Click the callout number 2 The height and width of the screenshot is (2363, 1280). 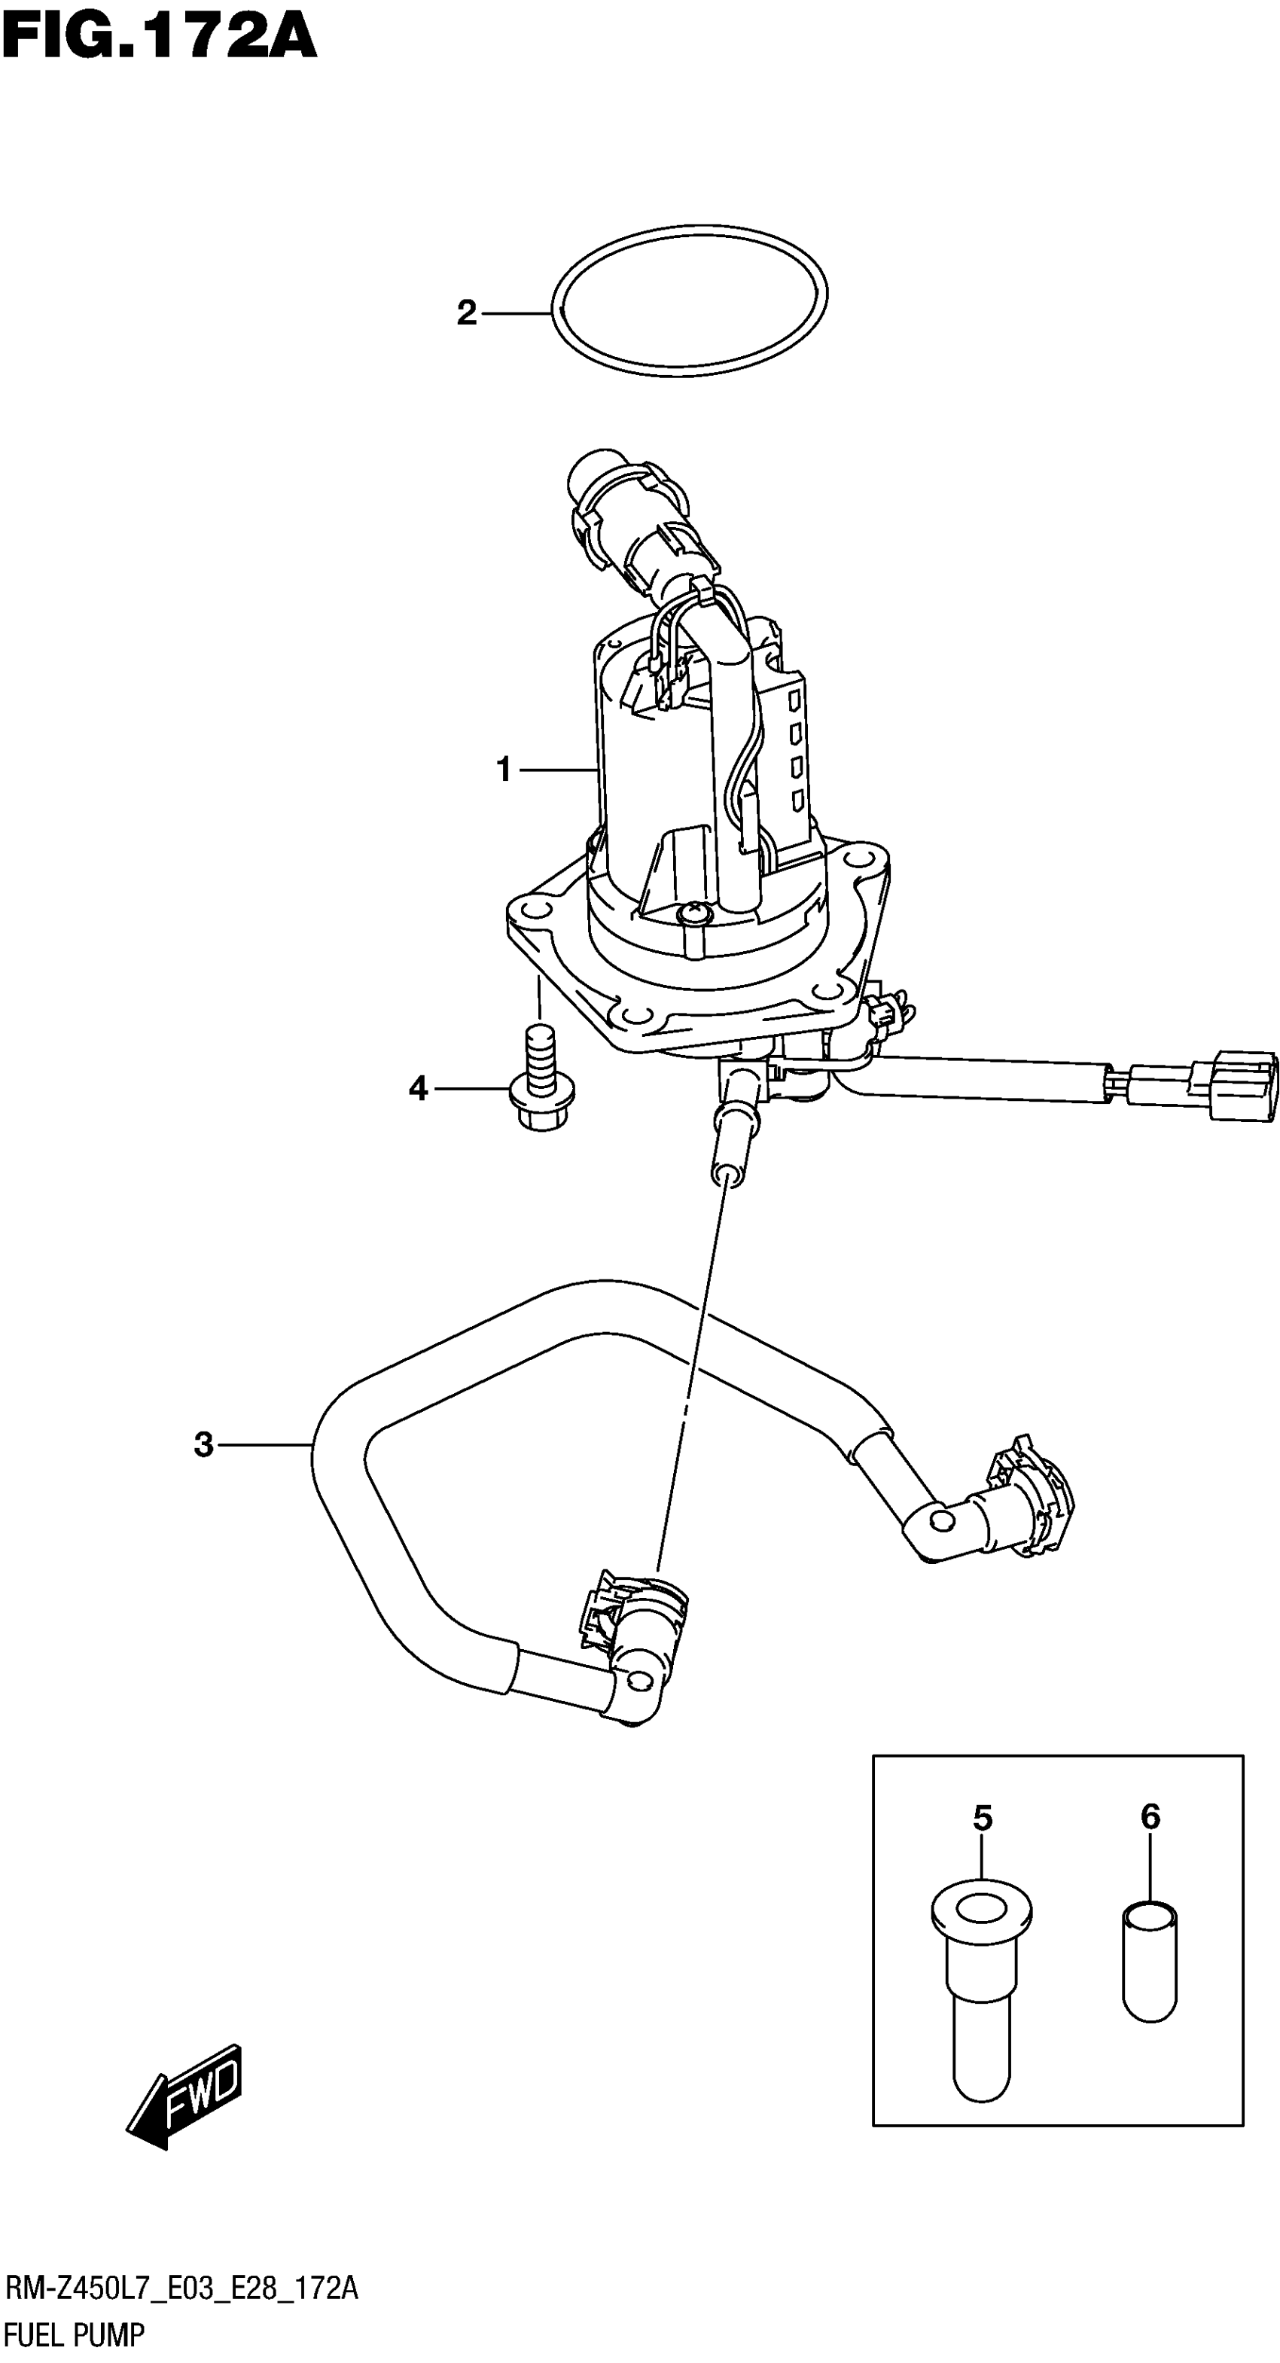(467, 314)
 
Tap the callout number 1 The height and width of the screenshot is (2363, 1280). (504, 769)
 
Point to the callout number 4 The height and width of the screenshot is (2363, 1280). (418, 1089)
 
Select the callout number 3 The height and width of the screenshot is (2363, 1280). (203, 1445)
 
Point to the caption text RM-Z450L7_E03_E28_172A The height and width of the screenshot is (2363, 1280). (181, 2288)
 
